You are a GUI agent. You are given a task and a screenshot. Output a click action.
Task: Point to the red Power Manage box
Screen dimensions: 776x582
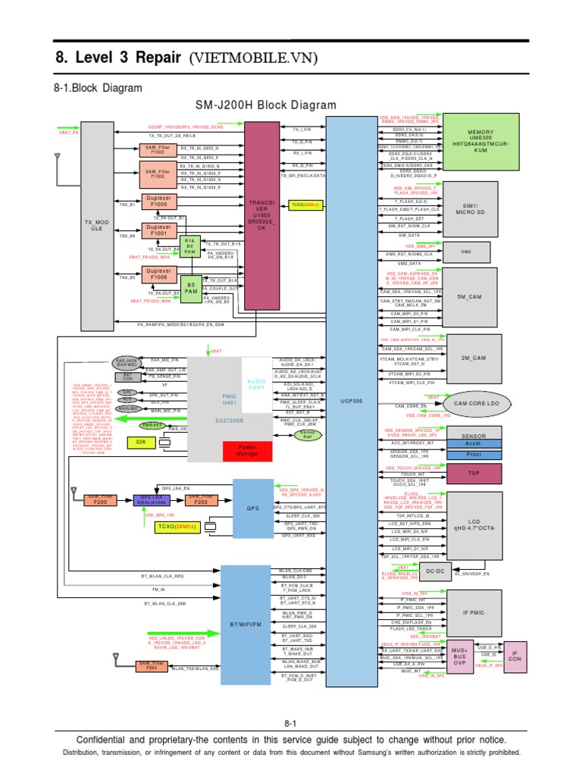[247, 451]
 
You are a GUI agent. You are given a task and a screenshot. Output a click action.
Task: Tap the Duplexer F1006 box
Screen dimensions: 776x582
[159, 275]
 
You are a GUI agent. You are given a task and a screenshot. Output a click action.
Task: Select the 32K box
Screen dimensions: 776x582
[140, 440]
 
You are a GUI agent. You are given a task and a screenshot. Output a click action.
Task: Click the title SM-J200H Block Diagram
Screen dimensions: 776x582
[265, 105]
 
